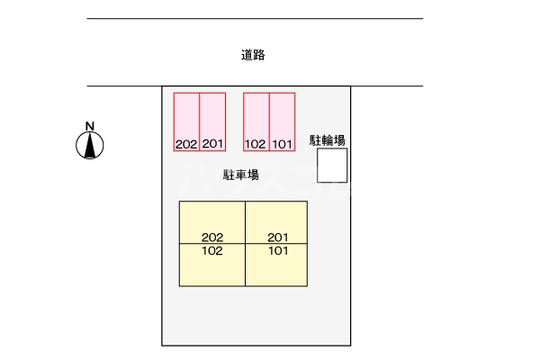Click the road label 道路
(x=253, y=55)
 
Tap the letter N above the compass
(x=89, y=125)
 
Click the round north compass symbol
(x=89, y=145)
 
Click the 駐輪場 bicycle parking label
(x=328, y=139)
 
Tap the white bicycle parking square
(x=331, y=166)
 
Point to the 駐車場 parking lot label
(x=241, y=175)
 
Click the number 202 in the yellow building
(x=212, y=238)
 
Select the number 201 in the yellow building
(x=278, y=238)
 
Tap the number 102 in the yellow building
(x=212, y=251)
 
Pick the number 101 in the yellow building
(x=278, y=251)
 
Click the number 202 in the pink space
(x=186, y=144)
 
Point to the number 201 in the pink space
(x=212, y=144)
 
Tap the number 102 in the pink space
(x=256, y=144)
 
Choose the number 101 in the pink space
(x=283, y=144)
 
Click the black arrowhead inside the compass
(x=89, y=144)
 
